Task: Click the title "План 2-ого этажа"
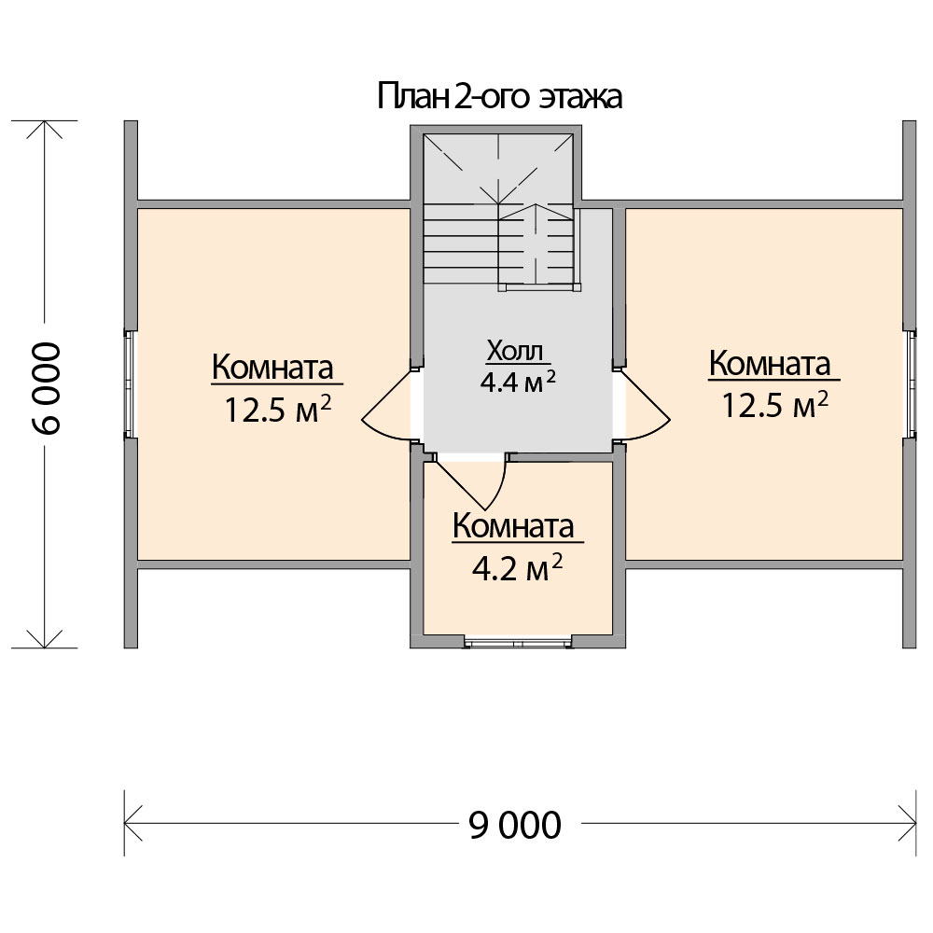(500, 97)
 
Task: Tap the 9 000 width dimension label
(515, 826)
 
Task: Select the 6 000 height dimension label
(47, 388)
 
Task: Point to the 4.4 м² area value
(518, 382)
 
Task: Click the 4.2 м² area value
(517, 568)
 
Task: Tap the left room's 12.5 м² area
(277, 409)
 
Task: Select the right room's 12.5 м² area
(774, 405)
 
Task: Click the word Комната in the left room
(272, 367)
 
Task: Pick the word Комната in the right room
(770, 363)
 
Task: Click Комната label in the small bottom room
(513, 526)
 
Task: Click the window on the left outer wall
(130, 383)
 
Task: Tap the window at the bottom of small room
(518, 643)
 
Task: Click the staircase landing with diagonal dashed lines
(498, 168)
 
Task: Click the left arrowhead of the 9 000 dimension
(132, 824)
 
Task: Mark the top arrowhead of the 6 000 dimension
(45, 129)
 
